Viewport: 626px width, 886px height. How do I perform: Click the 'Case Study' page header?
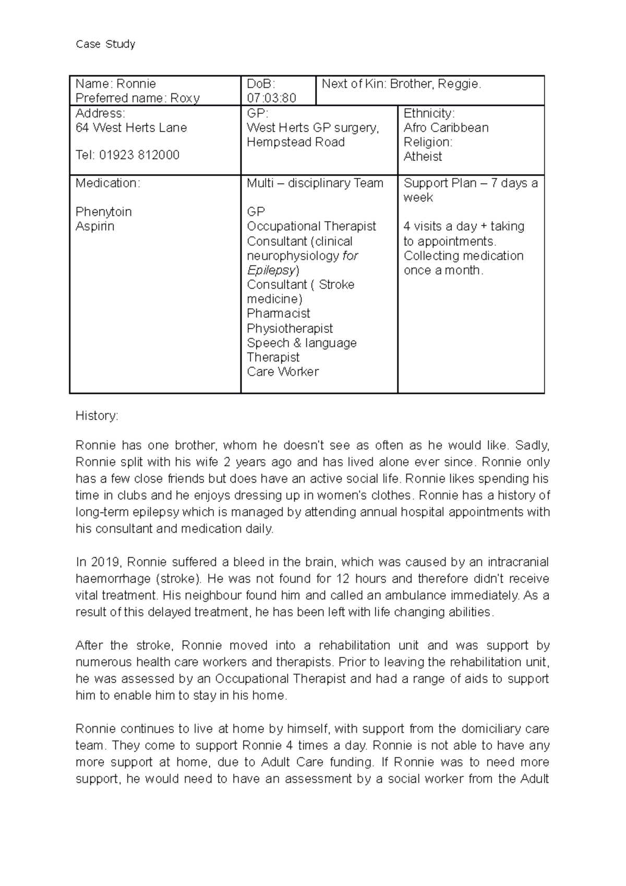pos(105,44)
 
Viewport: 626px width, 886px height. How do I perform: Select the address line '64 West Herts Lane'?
pos(131,128)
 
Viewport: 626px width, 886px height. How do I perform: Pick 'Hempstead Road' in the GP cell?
pos(295,142)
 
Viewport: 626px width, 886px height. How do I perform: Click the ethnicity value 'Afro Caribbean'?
pos(446,128)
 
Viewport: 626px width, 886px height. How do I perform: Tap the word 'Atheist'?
pos(423,157)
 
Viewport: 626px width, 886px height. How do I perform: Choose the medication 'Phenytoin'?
pos(103,212)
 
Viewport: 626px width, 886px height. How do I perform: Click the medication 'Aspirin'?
pos(95,226)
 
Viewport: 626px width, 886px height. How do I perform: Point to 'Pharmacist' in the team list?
pos(279,314)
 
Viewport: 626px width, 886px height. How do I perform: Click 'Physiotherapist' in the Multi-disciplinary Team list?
pos(290,329)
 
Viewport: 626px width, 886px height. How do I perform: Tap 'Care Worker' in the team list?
pos(283,372)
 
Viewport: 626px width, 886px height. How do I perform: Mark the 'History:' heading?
pos(97,416)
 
